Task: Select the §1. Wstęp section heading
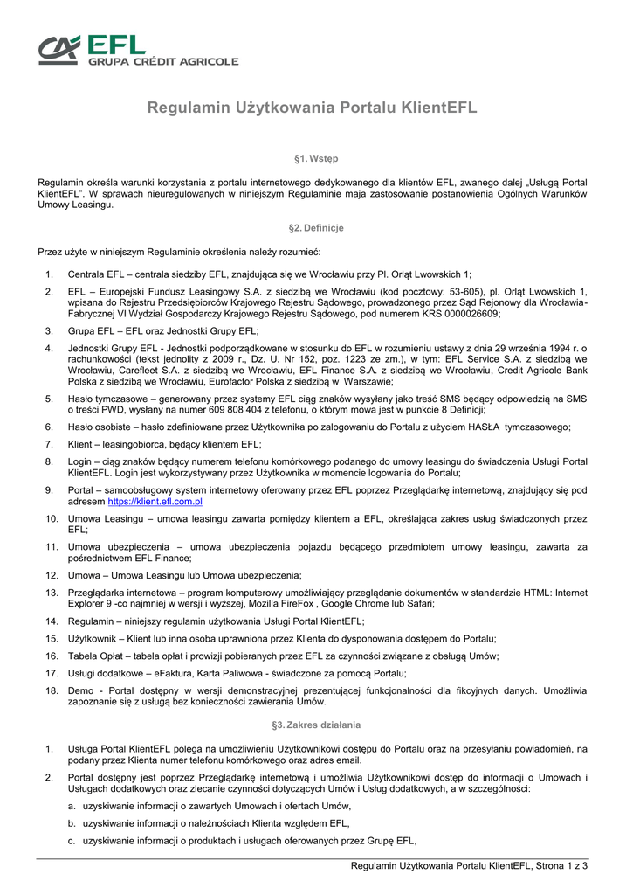click(316, 158)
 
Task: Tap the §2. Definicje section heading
click(316, 228)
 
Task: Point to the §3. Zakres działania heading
click(316, 725)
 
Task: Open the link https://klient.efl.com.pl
click(155, 503)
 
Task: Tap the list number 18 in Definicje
click(52, 690)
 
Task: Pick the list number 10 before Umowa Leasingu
click(52, 518)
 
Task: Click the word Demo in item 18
click(80, 690)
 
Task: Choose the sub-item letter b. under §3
click(72, 823)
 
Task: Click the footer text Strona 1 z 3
click(561, 866)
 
